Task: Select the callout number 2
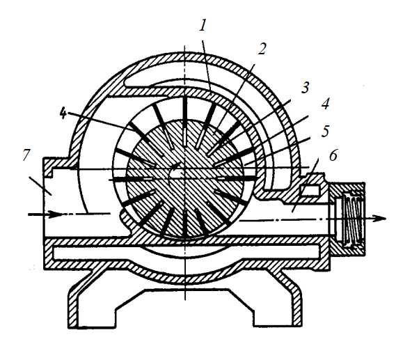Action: click(262, 49)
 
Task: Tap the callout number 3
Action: click(305, 87)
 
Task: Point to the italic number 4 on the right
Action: click(325, 103)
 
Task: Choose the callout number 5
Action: click(325, 131)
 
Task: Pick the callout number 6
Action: click(333, 155)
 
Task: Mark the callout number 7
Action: click(26, 155)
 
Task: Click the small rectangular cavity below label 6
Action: click(310, 190)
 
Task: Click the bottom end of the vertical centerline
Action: click(185, 300)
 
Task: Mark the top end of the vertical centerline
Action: click(185, 45)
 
